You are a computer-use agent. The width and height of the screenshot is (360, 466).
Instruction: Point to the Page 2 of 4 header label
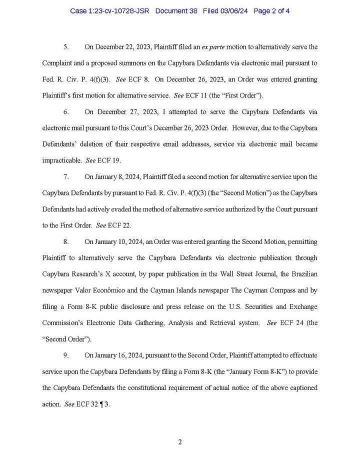pos(272,10)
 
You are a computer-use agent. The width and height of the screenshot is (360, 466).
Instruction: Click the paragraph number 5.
pos(65,47)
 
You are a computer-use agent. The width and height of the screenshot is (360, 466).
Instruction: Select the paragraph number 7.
pos(65,176)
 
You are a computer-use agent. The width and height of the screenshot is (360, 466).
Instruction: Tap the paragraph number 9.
pos(65,355)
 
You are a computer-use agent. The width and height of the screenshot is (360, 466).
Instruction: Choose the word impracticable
pos(62,160)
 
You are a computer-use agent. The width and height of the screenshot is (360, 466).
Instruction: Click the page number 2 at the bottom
pos(179,442)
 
